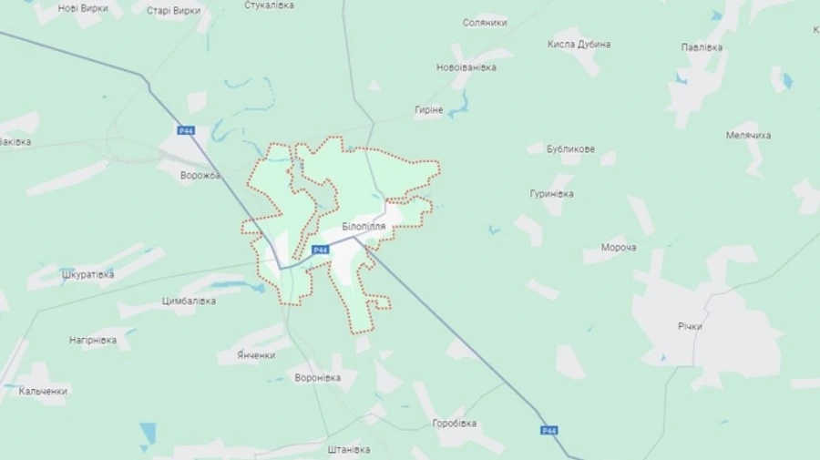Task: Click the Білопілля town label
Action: click(364, 226)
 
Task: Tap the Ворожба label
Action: click(200, 176)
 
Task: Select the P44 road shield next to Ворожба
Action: click(187, 131)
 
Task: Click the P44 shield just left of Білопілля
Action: click(320, 250)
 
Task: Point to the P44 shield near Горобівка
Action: click(548, 430)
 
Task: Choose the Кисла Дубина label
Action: click(579, 44)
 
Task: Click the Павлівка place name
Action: click(702, 46)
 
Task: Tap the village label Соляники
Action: click(485, 23)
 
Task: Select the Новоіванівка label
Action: click(466, 67)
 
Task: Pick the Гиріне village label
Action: click(428, 109)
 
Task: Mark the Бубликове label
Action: click(571, 148)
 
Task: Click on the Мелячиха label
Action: click(748, 135)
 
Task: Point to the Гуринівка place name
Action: click(551, 193)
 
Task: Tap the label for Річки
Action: click(690, 326)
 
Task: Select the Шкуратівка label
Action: click(87, 274)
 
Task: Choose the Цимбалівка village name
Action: click(189, 301)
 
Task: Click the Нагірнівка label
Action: click(93, 341)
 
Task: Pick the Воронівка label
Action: click(317, 377)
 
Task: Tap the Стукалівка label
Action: click(269, 5)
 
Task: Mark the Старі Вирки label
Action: click(173, 11)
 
